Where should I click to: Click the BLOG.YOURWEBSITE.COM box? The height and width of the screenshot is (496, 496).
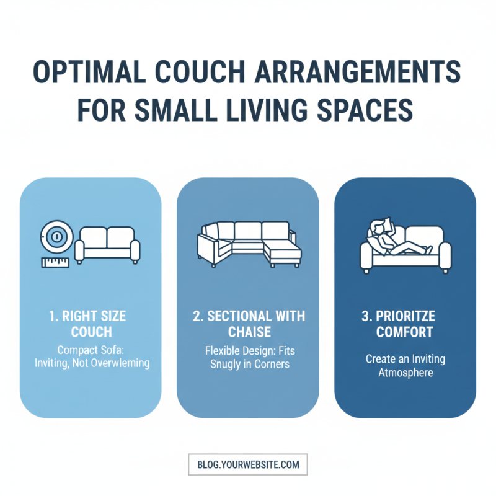coord(247,464)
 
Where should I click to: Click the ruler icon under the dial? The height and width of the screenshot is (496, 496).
coord(55,262)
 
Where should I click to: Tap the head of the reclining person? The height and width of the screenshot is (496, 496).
coord(378,227)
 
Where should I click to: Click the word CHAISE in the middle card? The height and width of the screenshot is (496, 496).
coord(248,332)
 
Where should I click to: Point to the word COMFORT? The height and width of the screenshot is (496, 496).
coord(405,332)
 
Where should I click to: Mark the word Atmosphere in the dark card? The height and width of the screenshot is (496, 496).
coord(405,373)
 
